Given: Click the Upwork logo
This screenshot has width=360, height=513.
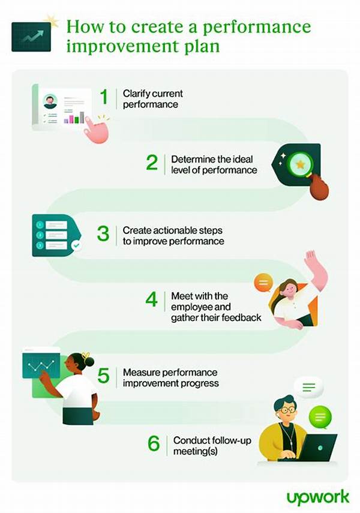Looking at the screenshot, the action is [x=318, y=498].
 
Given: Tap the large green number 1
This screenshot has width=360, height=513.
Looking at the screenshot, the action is [x=104, y=97].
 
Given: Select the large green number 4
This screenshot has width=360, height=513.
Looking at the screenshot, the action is [x=152, y=299].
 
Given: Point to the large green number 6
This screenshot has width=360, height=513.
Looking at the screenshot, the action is [x=154, y=443].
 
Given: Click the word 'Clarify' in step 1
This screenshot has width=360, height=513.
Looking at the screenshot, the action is [x=137, y=94].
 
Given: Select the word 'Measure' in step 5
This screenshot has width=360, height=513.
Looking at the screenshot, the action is [x=142, y=373].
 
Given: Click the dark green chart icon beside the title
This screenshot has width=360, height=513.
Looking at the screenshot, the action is [x=31, y=37].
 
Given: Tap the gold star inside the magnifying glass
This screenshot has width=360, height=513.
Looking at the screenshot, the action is [x=300, y=164].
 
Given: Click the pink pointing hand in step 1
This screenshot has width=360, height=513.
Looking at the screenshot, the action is [x=97, y=130].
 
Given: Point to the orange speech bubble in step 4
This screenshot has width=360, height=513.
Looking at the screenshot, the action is [x=263, y=283].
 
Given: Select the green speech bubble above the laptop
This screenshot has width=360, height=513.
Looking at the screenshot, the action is [x=320, y=418].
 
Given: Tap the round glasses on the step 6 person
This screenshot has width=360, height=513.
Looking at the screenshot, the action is [x=287, y=410].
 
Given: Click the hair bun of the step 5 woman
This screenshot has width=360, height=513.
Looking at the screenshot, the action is [x=88, y=361].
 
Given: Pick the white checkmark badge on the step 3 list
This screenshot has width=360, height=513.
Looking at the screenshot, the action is [x=76, y=245].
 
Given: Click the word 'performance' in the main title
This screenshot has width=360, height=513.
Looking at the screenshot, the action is [x=257, y=27].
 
